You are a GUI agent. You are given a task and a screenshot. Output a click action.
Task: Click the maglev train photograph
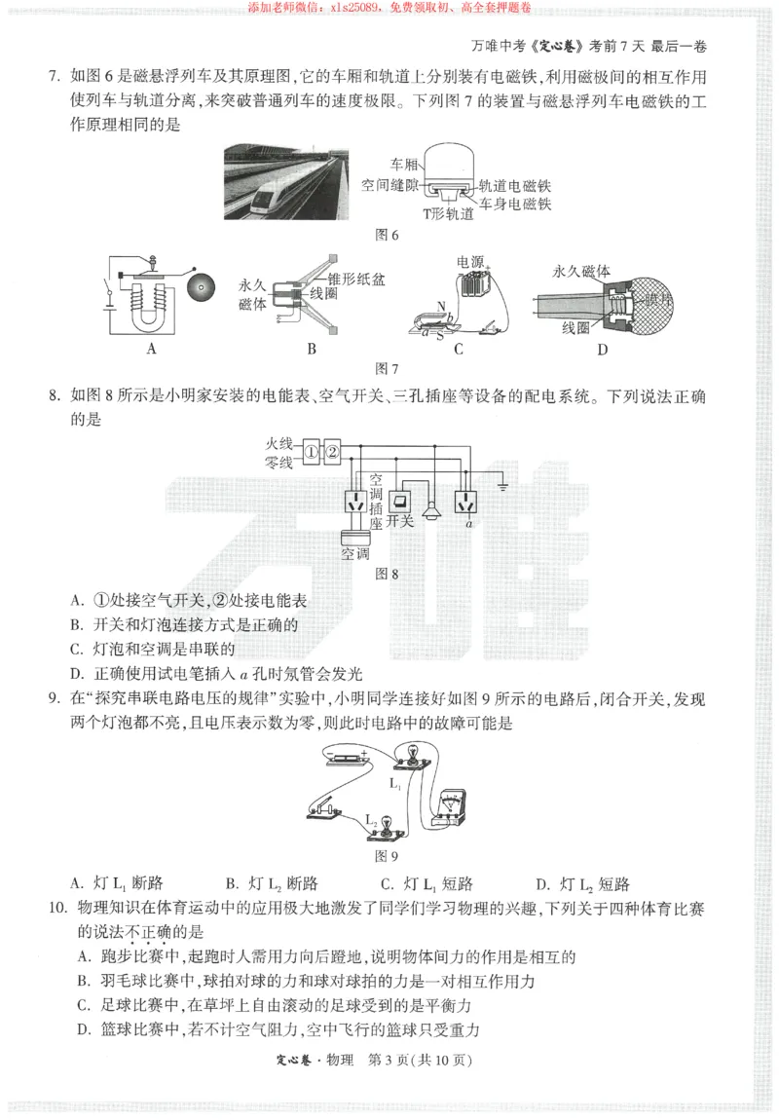tap(282, 182)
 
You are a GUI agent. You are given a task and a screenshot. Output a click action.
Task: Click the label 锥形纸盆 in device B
tap(357, 279)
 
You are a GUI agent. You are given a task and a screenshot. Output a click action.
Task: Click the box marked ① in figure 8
tap(311, 451)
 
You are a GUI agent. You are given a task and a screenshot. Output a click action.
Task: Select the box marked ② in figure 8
tap(332, 451)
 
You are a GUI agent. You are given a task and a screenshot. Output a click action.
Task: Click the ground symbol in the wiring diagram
tap(503, 482)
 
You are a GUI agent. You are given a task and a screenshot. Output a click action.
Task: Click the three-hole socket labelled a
tap(468, 503)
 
